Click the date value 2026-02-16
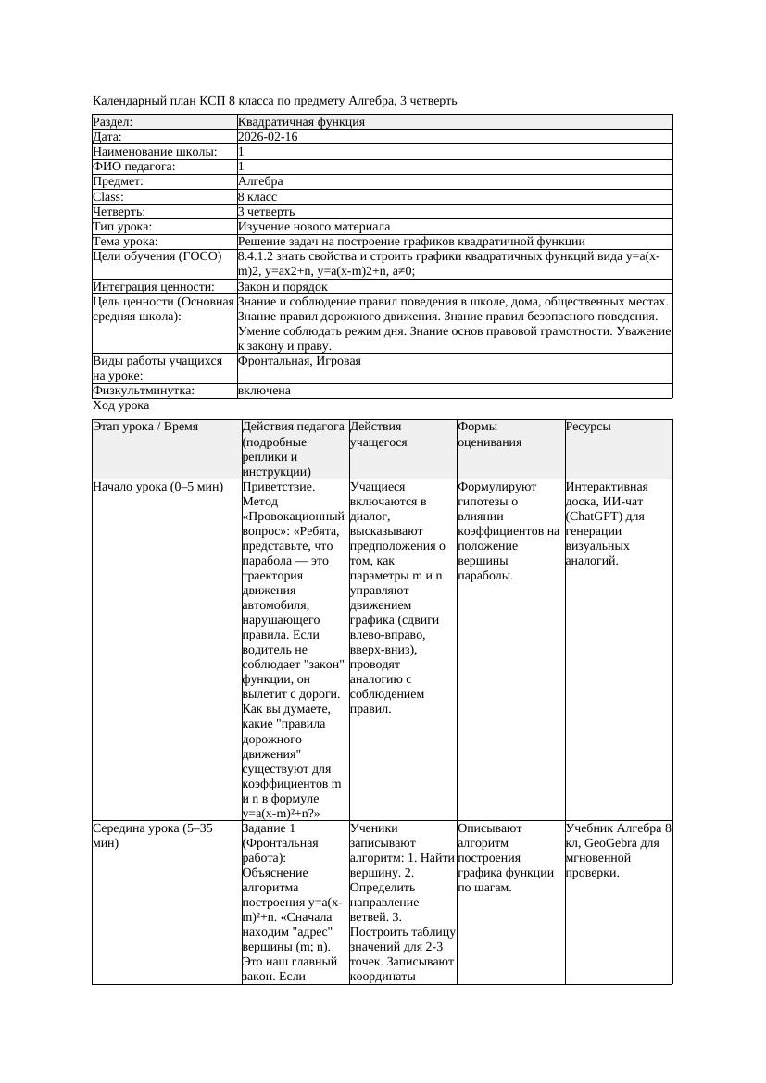coord(268,137)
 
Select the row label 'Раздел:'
coord(113,122)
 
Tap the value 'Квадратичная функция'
coord(301,122)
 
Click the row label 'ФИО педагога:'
coord(134,167)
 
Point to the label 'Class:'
coord(108,197)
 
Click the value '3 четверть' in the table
coord(266,212)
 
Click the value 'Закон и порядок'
coord(283,287)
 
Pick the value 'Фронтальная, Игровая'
coord(299,361)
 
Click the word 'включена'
coord(264,391)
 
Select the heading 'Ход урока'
coord(121,405)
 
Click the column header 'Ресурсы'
coord(588,427)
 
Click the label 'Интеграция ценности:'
coord(154,287)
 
